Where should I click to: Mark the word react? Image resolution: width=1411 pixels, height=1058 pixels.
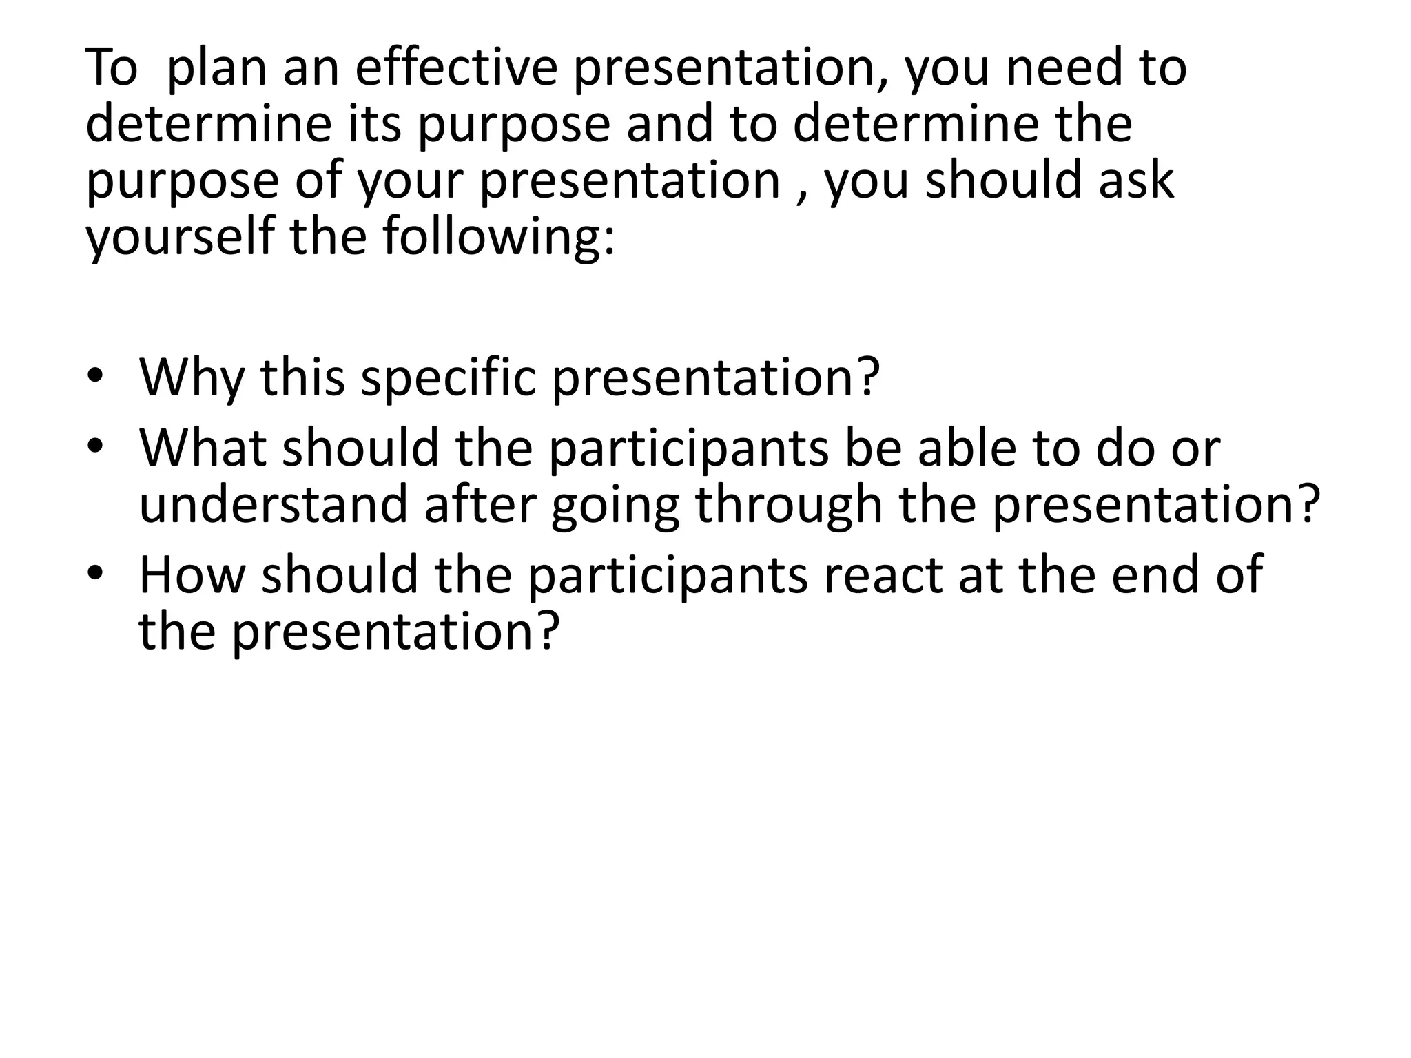pyautogui.click(x=879, y=574)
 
